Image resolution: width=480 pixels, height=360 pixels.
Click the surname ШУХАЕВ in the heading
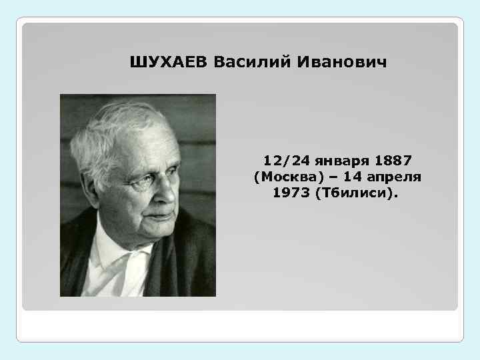point(169,63)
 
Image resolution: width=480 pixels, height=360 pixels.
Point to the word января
point(336,161)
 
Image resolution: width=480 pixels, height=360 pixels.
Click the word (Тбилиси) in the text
point(363,193)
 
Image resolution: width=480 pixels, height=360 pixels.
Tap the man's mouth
point(156,215)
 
